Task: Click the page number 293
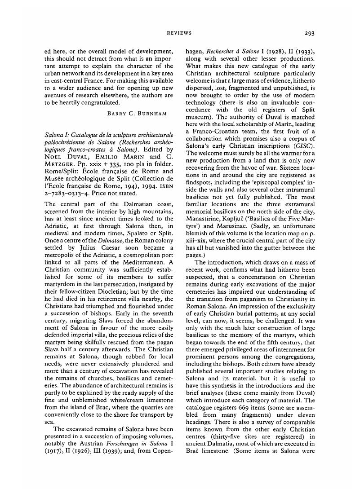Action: click(x=309, y=33)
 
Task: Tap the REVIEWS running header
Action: click(x=179, y=33)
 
